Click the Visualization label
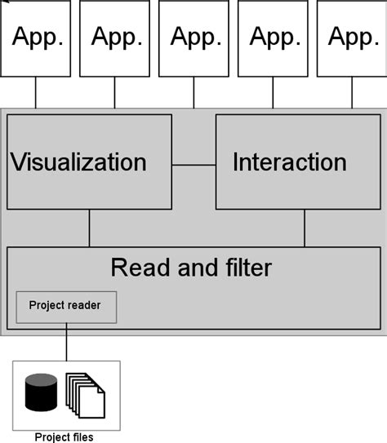(x=78, y=162)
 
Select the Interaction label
(x=289, y=162)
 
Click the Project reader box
(x=66, y=307)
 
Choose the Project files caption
(x=64, y=437)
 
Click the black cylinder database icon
(x=42, y=392)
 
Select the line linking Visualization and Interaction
(x=193, y=166)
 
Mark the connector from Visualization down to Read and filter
(x=90, y=228)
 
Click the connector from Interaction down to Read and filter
(x=305, y=228)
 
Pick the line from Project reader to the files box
(x=66, y=342)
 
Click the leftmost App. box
(x=35, y=38)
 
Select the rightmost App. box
(x=351, y=38)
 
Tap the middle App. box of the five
(x=193, y=38)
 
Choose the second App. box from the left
(x=114, y=38)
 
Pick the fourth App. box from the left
(x=273, y=38)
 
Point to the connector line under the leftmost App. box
(x=36, y=92)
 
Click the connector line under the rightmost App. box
(x=352, y=92)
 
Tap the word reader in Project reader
(x=84, y=306)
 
